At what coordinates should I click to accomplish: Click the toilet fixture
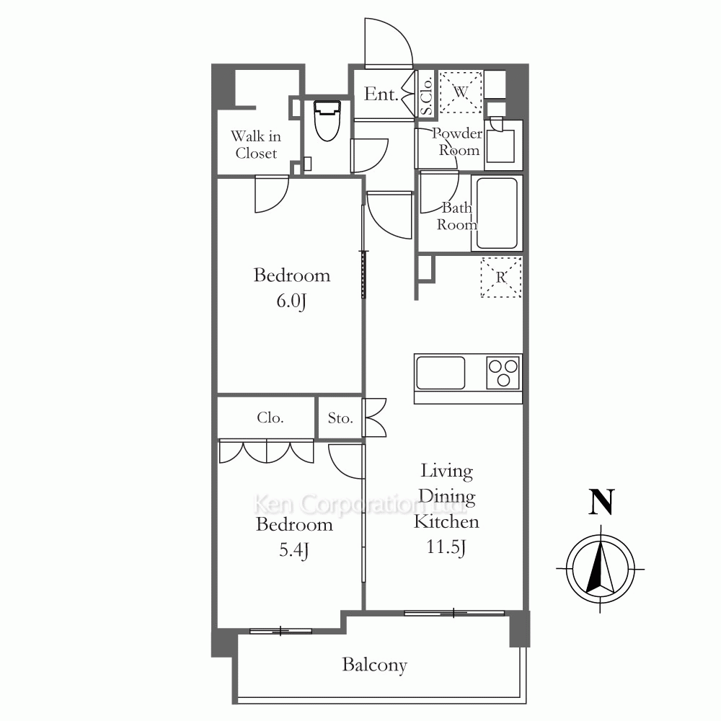327,121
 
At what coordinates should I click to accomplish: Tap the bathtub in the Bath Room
497,213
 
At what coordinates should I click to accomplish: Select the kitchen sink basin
440,373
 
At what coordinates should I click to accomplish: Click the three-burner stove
503,373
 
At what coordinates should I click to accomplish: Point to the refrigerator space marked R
501,278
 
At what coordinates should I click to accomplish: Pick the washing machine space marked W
460,92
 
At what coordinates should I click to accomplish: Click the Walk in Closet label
256,144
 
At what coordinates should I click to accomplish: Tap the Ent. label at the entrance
381,94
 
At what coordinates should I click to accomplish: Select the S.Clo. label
426,96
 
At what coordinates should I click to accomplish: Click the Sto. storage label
340,418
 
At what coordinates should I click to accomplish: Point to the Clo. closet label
270,417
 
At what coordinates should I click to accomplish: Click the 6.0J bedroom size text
291,301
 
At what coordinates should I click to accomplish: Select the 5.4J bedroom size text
294,550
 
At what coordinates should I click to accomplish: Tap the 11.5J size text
446,547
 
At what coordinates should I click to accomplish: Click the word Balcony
374,665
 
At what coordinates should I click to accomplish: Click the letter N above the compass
601,502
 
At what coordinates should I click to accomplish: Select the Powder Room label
457,141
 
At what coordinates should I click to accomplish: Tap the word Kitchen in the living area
446,521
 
